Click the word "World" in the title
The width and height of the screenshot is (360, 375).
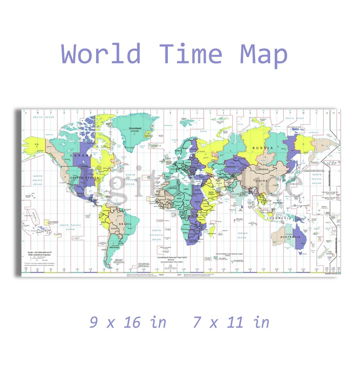coord(101,54)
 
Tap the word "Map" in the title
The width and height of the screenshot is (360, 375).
coord(263,54)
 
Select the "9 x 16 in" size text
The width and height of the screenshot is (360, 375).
coord(128,322)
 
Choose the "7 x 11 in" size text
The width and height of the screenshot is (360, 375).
coord(231,322)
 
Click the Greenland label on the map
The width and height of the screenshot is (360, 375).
coord(135,128)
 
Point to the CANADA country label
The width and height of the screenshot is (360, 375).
coord(81,155)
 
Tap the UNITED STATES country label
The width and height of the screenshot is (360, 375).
coord(84,178)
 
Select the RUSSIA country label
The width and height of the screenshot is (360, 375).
coord(262,148)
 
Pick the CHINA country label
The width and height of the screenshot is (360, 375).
coord(262,181)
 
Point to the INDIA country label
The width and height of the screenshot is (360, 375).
coord(240,194)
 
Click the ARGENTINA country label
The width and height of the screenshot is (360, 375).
coord(114,248)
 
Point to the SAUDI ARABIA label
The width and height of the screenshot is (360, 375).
coord(211,194)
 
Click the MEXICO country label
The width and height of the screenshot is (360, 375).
coord(80,193)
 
